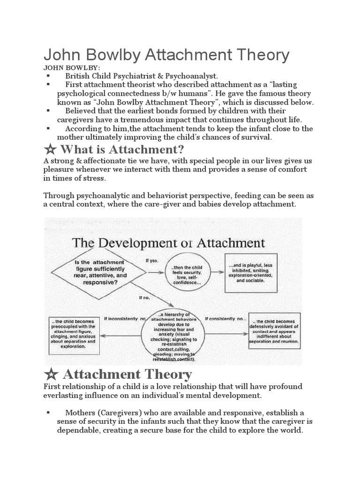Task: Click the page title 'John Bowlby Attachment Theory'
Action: click(x=166, y=55)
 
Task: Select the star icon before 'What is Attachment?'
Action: click(x=50, y=150)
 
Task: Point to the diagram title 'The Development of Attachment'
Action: click(x=168, y=243)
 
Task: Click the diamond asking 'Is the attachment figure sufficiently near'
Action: click(x=98, y=272)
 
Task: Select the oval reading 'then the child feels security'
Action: click(x=187, y=272)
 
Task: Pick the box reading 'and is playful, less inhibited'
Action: click(x=250, y=272)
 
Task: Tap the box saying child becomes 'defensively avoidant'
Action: click(x=274, y=330)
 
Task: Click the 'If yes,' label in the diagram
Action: click(x=151, y=261)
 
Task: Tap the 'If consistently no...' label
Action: click(x=225, y=319)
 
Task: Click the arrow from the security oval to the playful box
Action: click(x=216, y=272)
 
